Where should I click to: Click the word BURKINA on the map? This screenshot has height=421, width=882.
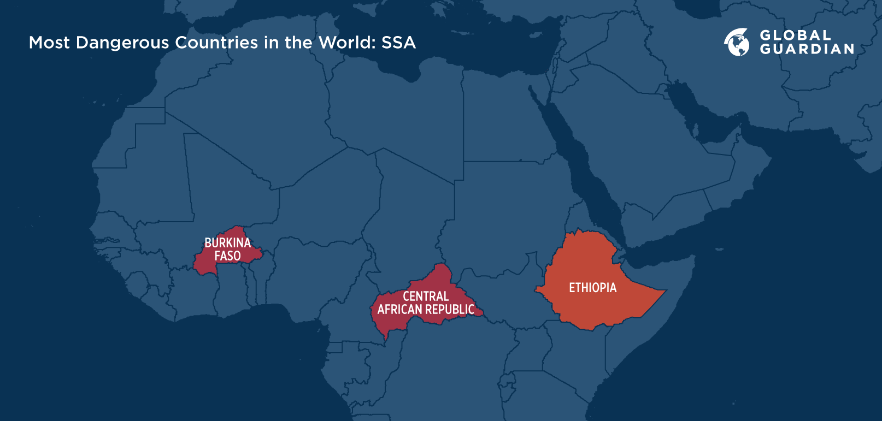[227, 243]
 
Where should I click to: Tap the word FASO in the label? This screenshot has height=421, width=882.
[227, 256]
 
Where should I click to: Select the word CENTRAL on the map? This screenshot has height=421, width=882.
[426, 297]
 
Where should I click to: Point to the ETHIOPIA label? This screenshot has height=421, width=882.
[592, 288]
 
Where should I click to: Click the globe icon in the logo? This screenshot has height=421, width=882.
[737, 42]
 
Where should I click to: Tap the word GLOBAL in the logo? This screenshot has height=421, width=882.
[795, 35]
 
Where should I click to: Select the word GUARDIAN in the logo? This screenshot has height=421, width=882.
[807, 49]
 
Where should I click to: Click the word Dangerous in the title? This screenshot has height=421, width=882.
[122, 43]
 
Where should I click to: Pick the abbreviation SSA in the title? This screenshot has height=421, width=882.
[398, 43]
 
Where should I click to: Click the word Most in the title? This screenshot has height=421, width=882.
[49, 43]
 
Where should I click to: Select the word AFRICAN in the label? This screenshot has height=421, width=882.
[400, 310]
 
